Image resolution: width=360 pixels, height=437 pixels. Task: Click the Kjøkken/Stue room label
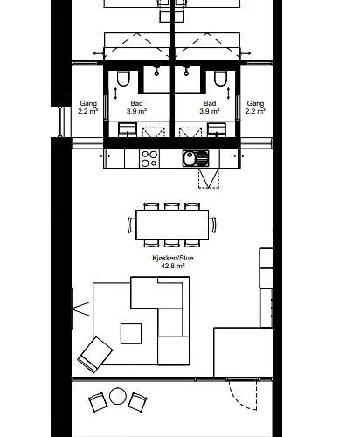pos(173,258)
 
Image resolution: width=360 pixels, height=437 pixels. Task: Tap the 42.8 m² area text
pos(173,266)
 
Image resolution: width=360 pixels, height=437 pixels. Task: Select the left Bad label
pos(136,103)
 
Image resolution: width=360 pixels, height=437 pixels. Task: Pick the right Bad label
pos(210,103)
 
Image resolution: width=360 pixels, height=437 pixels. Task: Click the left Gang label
pos(88,103)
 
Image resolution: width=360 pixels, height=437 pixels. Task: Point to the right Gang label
pos(255,103)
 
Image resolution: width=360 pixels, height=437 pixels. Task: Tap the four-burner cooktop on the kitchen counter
pos(149,158)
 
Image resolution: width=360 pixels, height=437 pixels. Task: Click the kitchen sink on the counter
pos(196,158)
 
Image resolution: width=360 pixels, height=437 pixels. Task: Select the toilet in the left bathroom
pos(122,79)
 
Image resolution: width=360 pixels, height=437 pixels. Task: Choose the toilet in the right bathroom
pos(220,79)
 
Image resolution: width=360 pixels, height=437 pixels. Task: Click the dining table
pos(172,225)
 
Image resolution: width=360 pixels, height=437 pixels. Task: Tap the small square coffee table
pos(131,334)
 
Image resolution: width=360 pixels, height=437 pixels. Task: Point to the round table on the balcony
pos(118,396)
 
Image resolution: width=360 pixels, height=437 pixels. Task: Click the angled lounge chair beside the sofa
pos(95,355)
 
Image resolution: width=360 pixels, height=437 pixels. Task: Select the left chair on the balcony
pos(98,402)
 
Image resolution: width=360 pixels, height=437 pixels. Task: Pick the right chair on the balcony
pos(137,402)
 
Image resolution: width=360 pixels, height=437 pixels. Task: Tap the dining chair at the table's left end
pos(132,225)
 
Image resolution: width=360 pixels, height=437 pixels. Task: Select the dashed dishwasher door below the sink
pos(209,178)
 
